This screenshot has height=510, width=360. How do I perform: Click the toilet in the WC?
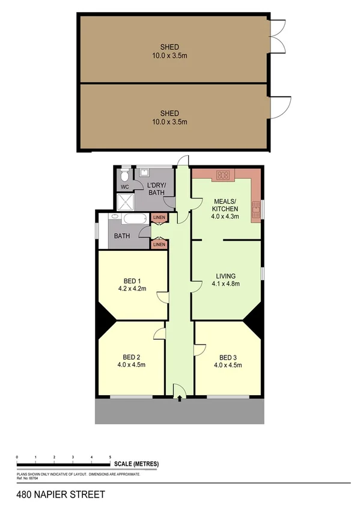point(124,175)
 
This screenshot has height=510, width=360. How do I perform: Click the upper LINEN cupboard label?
point(159,218)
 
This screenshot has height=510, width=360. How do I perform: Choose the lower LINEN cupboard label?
point(159,244)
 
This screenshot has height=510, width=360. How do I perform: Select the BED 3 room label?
point(229,355)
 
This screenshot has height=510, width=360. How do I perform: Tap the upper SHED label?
point(169,47)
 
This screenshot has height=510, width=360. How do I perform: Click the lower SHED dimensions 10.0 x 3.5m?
point(169,121)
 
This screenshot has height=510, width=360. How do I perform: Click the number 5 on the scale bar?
point(110,458)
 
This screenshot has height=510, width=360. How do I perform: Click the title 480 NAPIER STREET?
point(53,495)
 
